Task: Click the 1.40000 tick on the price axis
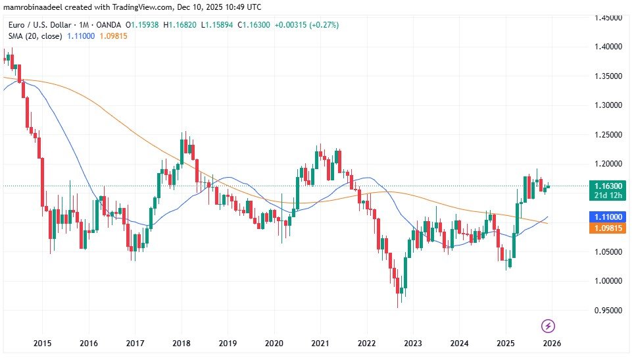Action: pyautogui.click(x=608, y=47)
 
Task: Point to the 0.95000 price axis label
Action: pyautogui.click(x=608, y=310)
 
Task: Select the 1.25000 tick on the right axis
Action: pyautogui.click(x=608, y=134)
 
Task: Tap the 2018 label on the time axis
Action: pyautogui.click(x=182, y=343)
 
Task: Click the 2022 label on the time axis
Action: pyautogui.click(x=366, y=343)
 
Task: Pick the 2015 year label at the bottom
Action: pyautogui.click(x=43, y=343)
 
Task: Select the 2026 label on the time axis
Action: pyautogui.click(x=551, y=343)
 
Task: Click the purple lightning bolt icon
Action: pyautogui.click(x=549, y=326)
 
